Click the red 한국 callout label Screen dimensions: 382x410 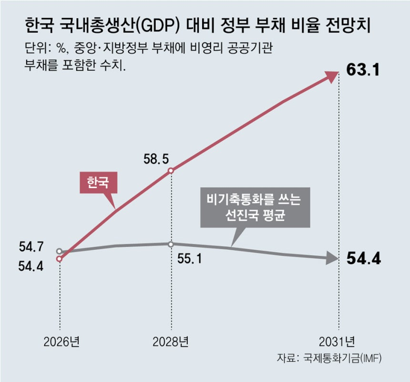point(97,182)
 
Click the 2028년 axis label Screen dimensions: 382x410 point(171,342)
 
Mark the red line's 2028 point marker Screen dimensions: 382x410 point(171,170)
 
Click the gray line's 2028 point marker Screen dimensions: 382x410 point(171,244)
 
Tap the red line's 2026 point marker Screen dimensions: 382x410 point(59,259)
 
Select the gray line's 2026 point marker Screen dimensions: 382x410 point(59,251)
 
